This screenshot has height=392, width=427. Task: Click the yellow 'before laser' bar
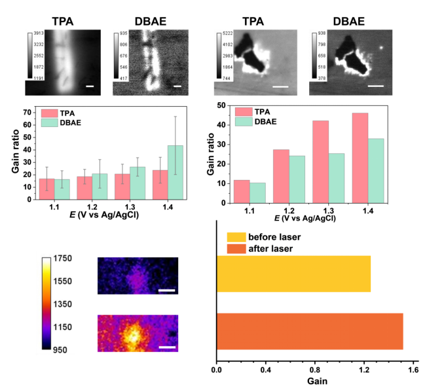293,274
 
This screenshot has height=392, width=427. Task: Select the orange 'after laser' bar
309,331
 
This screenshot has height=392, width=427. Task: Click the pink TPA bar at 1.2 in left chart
84,188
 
